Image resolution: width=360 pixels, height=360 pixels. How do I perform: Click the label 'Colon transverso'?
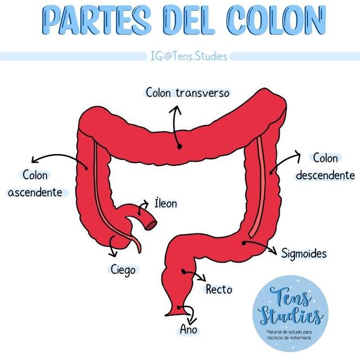[x=187, y=93]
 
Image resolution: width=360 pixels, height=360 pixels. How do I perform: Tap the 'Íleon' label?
[x=165, y=204]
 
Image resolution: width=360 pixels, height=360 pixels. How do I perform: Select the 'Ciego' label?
[x=123, y=270]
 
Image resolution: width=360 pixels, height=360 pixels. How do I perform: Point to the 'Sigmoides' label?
[x=304, y=254]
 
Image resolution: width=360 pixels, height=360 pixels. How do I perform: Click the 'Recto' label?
[x=219, y=289]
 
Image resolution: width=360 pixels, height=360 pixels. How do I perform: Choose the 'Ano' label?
[x=188, y=329]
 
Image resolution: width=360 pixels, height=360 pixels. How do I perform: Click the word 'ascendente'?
[x=35, y=192]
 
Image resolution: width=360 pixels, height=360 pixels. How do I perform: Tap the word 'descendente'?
[x=325, y=175]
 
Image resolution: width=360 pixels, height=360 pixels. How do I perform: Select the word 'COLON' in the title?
[x=276, y=20]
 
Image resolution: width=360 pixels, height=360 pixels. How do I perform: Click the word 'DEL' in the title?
[x=189, y=20]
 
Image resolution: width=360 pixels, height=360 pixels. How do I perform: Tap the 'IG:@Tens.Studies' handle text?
[x=189, y=56]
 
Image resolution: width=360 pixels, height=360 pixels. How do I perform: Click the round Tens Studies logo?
[x=290, y=313]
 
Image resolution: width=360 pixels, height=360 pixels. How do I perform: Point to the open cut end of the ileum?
[x=151, y=226]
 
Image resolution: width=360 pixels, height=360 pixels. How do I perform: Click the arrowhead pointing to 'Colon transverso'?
[x=175, y=110]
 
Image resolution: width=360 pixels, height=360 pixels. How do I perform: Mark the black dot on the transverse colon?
[x=180, y=146]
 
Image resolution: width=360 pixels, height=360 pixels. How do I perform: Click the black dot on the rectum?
[x=184, y=272]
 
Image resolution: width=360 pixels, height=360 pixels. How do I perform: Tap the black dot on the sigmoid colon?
[x=244, y=243]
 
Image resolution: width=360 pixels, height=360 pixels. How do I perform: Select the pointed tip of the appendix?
[x=140, y=253]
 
